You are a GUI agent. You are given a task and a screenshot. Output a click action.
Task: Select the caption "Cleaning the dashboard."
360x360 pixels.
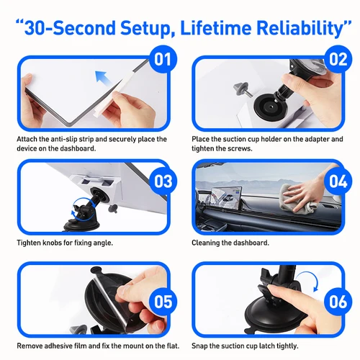point(230,243)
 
